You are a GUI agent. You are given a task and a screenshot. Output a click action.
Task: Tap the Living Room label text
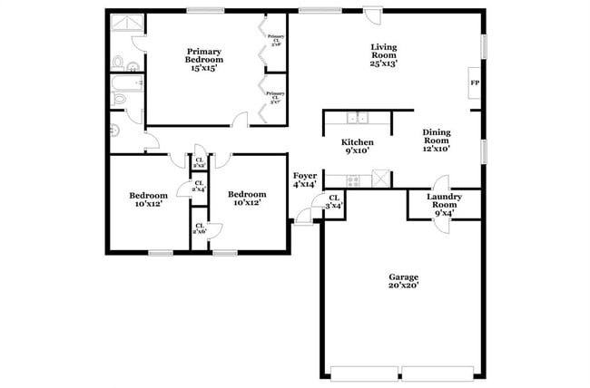[387, 55]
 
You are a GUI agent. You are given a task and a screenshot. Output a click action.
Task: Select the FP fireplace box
[474, 84]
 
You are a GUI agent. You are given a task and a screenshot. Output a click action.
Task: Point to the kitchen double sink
[358, 118]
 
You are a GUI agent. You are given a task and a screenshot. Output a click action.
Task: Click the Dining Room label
[437, 141]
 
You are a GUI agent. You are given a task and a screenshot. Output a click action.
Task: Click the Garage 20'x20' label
[404, 281]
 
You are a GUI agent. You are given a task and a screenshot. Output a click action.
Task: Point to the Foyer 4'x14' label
[304, 179]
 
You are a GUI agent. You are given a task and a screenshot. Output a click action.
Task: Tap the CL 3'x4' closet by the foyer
[334, 202]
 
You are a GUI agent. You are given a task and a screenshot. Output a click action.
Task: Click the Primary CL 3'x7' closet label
[275, 97]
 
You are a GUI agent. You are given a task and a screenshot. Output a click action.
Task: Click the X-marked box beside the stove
[381, 178]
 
